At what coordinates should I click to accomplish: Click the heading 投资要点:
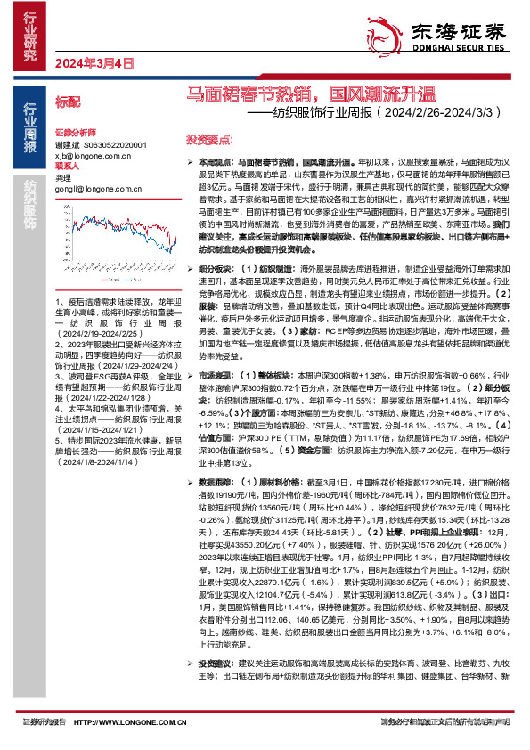(208, 140)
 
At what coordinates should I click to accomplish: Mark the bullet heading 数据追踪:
(216, 480)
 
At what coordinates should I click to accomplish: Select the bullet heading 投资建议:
(216, 663)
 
